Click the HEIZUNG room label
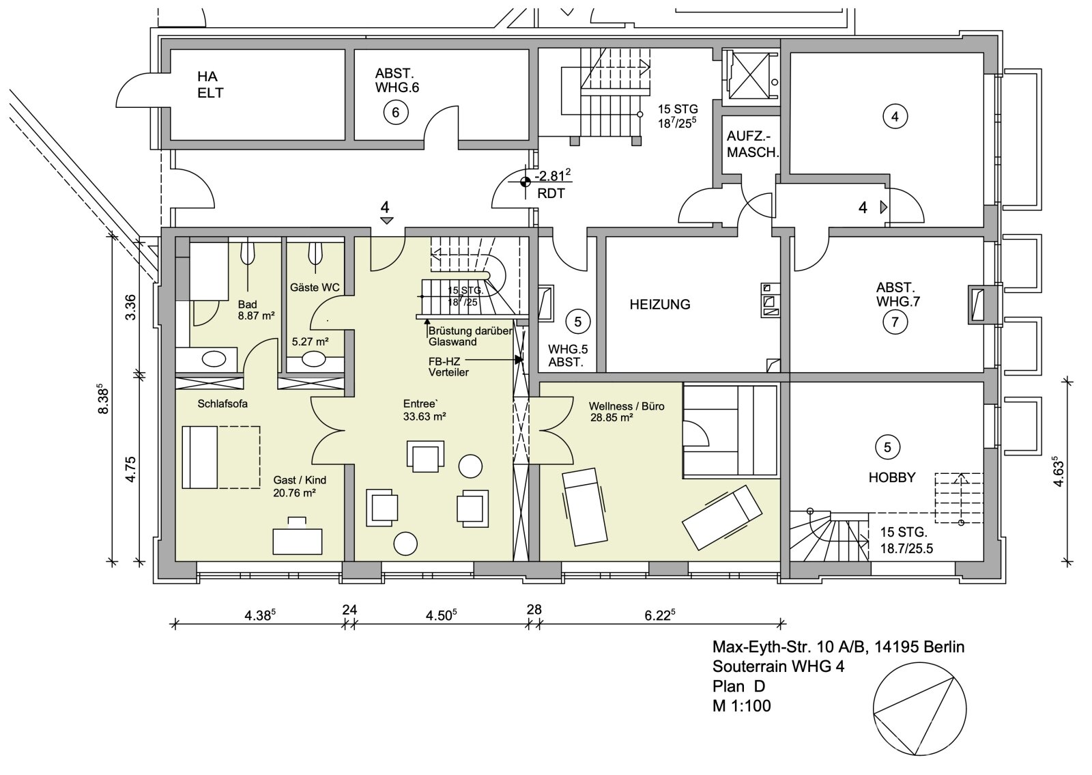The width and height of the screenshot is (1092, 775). (x=659, y=305)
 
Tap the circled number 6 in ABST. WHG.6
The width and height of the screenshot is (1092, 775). (x=396, y=111)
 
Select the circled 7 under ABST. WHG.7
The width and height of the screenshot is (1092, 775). (x=895, y=321)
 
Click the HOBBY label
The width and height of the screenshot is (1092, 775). (x=891, y=477)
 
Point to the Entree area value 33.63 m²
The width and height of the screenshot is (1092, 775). (x=425, y=417)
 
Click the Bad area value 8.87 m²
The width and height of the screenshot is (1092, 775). (x=256, y=316)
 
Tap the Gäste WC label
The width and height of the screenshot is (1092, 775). (x=315, y=287)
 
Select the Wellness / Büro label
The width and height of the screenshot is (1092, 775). (x=626, y=406)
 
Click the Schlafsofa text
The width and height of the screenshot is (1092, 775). (x=222, y=404)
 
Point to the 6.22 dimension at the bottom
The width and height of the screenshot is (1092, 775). (x=659, y=615)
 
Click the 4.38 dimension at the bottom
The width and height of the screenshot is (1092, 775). (x=259, y=615)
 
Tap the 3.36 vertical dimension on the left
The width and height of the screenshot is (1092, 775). (x=132, y=307)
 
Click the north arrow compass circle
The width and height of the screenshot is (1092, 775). (x=919, y=710)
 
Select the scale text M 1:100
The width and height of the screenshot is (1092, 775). (x=741, y=706)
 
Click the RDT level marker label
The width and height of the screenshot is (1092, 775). (x=550, y=194)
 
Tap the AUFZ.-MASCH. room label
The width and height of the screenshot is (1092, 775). (x=752, y=145)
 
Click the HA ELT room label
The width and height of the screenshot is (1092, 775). (x=210, y=85)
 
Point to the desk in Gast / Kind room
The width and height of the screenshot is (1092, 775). (x=298, y=539)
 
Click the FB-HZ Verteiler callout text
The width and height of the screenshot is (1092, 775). (x=448, y=366)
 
